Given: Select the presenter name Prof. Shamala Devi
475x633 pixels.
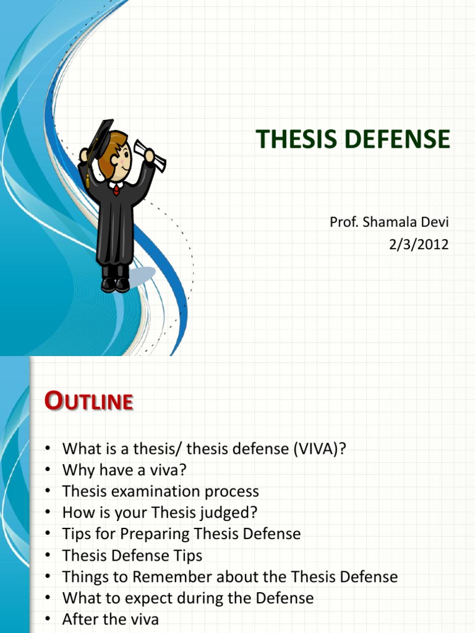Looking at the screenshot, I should pyautogui.click(x=388, y=223).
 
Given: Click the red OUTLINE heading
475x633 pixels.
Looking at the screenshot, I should pyautogui.click(x=89, y=402).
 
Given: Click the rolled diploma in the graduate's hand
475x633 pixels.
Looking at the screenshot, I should pyautogui.click(x=150, y=155).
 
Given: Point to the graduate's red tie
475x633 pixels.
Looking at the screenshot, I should pyautogui.click(x=116, y=189).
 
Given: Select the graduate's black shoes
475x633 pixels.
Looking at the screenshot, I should pyautogui.click(x=116, y=284).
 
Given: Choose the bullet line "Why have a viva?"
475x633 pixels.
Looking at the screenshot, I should pyautogui.click(x=124, y=470).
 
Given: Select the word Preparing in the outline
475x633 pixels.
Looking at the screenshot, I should pyautogui.click(x=156, y=534).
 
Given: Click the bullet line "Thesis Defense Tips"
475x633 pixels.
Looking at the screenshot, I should pyautogui.click(x=132, y=556).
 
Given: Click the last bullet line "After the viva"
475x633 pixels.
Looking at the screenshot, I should pyautogui.click(x=110, y=619).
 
